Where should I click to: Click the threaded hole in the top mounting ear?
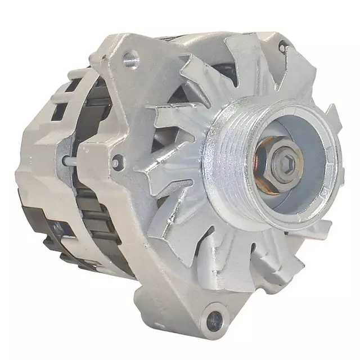pos(131,56)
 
